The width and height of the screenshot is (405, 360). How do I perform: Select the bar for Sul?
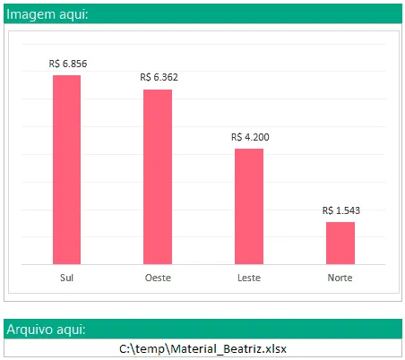tap(66, 169)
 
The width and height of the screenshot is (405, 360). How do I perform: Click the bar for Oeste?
tap(158, 176)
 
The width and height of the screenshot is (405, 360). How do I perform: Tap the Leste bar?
tap(249, 206)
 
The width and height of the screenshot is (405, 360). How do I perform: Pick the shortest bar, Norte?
tap(340, 243)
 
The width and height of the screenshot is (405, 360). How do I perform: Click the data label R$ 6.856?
tap(68, 64)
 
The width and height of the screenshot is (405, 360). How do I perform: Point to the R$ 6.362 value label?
tap(159, 77)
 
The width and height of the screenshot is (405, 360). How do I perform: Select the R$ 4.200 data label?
tap(250, 137)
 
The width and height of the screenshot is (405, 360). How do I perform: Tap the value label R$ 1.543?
tap(341, 210)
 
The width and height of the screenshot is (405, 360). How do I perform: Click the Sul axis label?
tap(66, 278)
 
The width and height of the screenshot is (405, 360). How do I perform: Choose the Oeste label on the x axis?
tap(158, 278)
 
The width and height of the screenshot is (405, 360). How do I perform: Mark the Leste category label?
tap(249, 278)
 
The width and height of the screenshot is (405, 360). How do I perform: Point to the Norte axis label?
tap(340, 278)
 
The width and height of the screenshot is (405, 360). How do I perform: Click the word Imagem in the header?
tap(30, 14)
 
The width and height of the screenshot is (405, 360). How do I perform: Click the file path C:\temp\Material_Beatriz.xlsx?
tap(202, 348)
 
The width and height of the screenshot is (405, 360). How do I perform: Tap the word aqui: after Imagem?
tap(73, 14)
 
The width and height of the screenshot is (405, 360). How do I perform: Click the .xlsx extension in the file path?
tap(274, 348)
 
